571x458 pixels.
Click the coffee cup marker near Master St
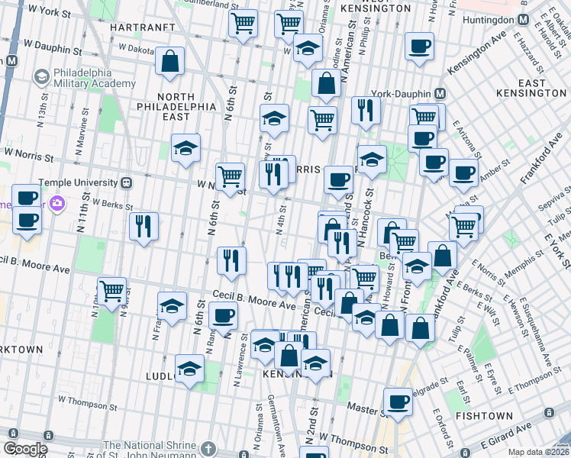pos(397,402)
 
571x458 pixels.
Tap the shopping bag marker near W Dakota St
pos(169,61)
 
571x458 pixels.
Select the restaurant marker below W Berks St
pos(144,226)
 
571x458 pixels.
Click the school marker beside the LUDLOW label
pos(189,369)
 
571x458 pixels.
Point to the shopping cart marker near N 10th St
pos(112,291)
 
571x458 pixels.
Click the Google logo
pos(25,450)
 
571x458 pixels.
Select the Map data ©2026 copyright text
pos(538,452)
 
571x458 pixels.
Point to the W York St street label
pos(46,13)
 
